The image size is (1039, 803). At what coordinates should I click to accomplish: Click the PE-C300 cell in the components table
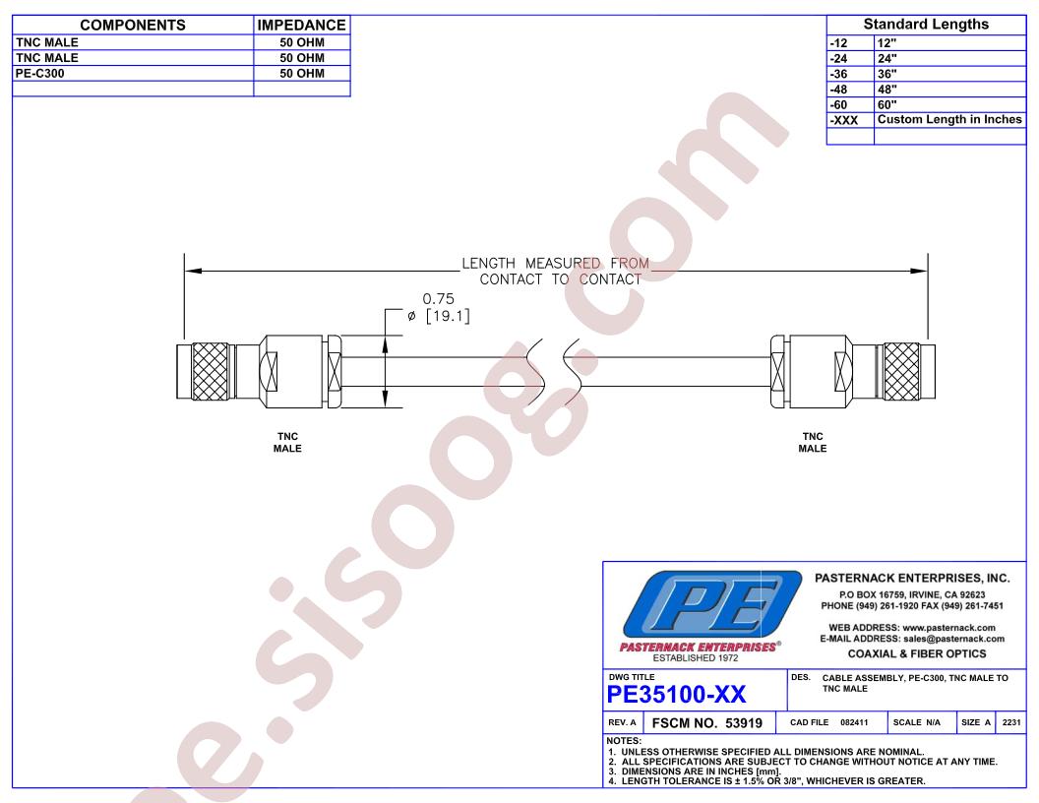pyautogui.click(x=39, y=73)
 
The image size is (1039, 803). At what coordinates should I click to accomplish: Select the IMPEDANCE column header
pyautogui.click(x=301, y=26)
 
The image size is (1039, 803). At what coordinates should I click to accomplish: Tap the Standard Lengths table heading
pyautogui.click(x=926, y=25)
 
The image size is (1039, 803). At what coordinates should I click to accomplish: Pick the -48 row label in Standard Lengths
pyautogui.click(x=838, y=90)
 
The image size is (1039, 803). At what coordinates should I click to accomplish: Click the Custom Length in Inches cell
pyautogui.click(x=949, y=120)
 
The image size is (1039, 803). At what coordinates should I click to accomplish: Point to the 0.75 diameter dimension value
pyautogui.click(x=439, y=299)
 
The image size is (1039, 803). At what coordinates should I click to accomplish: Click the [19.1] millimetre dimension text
pyautogui.click(x=448, y=316)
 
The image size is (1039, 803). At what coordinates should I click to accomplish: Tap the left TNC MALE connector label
pyautogui.click(x=287, y=443)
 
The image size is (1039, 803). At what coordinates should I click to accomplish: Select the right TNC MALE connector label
pyautogui.click(x=813, y=443)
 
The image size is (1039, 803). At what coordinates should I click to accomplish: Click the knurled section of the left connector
pyautogui.click(x=210, y=372)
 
